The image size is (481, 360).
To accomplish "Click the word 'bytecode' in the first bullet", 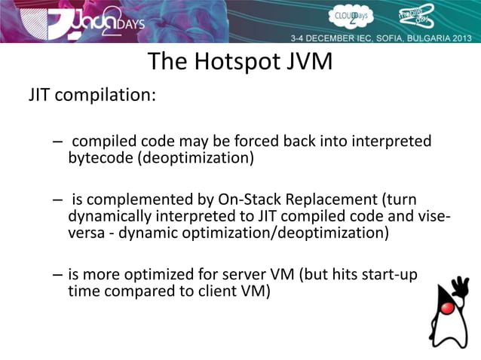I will click(97, 158).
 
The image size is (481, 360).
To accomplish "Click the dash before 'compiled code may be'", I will click(58, 142).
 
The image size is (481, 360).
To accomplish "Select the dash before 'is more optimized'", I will click(58, 274).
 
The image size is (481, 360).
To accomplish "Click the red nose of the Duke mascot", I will click(448, 308).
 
